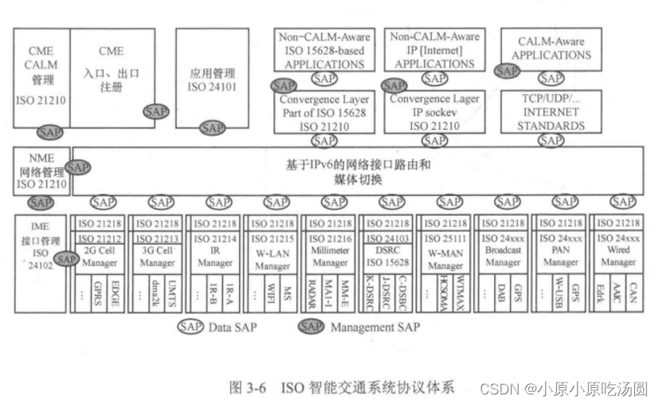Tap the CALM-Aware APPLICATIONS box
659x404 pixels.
click(551, 49)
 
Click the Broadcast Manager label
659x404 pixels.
click(503, 256)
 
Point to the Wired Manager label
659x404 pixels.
click(618, 256)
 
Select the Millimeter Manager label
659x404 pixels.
click(329, 256)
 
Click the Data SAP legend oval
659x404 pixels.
click(192, 327)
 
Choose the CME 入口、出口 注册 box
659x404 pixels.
click(112, 69)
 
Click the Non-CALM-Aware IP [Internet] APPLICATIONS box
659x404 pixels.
click(434, 49)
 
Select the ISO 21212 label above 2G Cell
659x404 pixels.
click(100, 237)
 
